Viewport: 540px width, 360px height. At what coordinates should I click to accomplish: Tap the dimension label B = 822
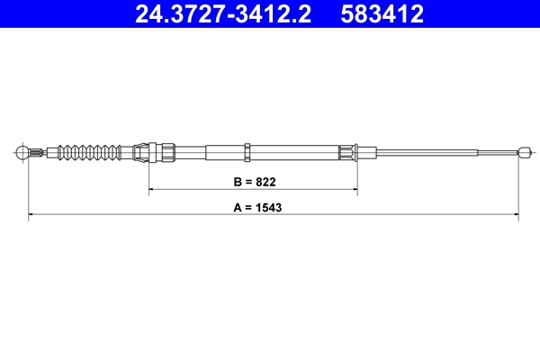[253, 182]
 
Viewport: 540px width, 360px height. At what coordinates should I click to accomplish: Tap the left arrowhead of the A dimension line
[32, 215]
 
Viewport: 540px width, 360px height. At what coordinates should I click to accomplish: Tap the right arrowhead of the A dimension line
[514, 215]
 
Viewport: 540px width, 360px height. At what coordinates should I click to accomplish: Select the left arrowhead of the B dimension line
[152, 190]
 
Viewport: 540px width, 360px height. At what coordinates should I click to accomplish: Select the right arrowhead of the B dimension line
[354, 190]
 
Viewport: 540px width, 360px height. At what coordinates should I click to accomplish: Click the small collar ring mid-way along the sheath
[247, 150]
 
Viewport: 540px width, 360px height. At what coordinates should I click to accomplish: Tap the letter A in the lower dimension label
[238, 207]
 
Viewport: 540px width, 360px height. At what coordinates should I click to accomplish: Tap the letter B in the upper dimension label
[238, 182]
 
